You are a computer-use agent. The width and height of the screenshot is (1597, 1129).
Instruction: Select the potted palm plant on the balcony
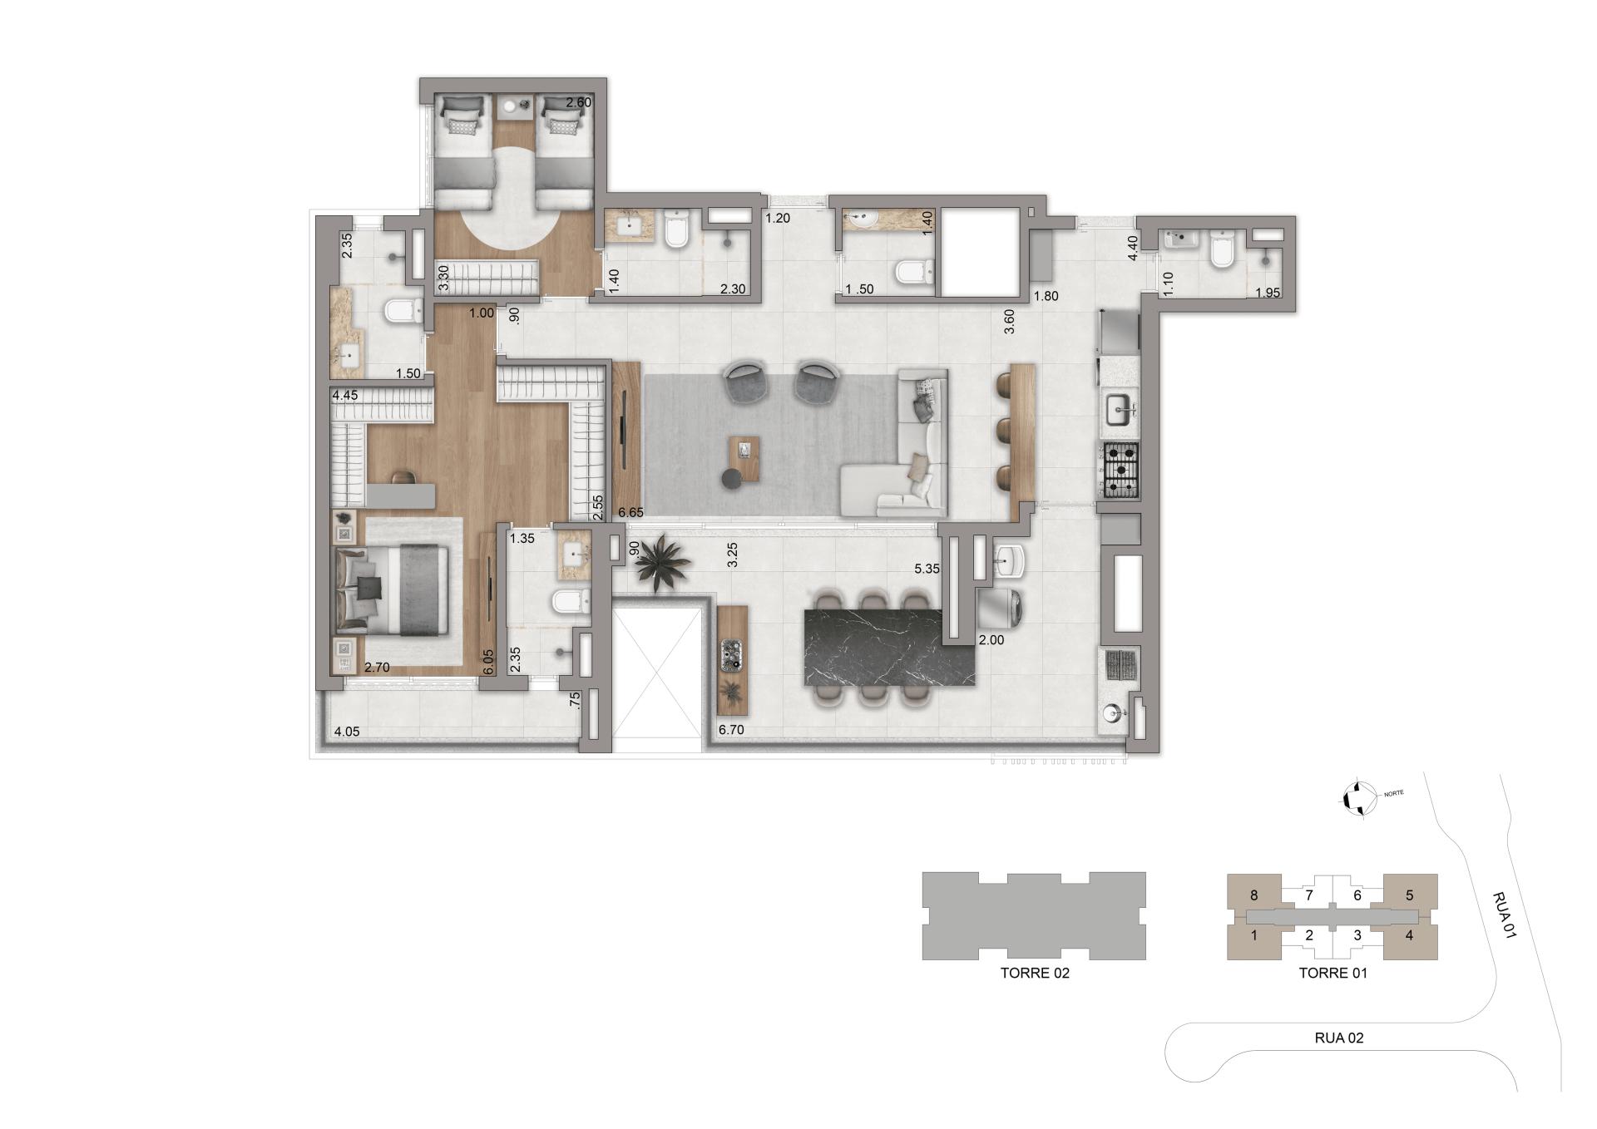click(662, 563)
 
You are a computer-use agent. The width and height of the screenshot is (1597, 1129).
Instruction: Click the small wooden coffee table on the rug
click(744, 458)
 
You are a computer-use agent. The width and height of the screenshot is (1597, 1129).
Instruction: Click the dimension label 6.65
click(630, 513)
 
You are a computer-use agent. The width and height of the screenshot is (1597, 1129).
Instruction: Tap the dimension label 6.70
click(730, 730)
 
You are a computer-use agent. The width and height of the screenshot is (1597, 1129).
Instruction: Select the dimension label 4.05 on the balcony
click(346, 732)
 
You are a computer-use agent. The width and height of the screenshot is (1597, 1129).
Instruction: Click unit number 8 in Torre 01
click(1253, 895)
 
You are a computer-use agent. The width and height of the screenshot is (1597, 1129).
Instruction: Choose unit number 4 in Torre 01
click(1409, 935)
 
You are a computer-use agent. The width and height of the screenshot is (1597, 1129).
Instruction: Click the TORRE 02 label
click(1035, 973)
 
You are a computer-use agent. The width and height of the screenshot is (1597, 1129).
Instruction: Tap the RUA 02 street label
click(1338, 1038)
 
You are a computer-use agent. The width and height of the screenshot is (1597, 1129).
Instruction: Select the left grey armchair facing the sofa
click(745, 382)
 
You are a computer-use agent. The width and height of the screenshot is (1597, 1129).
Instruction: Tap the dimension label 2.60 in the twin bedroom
click(578, 103)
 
